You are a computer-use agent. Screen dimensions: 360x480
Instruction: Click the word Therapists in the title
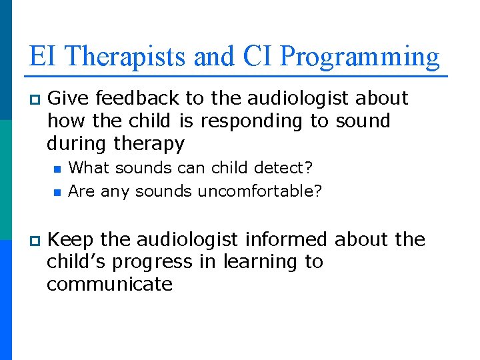(126, 57)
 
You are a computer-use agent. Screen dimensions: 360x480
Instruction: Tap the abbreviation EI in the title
(43, 57)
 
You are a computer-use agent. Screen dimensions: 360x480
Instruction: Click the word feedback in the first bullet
(137, 98)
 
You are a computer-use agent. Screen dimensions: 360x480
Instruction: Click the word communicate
(109, 284)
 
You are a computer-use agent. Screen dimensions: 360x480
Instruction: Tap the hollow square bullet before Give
(35, 99)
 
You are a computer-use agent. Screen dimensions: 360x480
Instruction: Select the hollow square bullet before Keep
(35, 240)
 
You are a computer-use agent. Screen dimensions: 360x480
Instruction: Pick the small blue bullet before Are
(57, 192)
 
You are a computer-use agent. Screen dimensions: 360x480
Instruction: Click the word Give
(69, 98)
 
